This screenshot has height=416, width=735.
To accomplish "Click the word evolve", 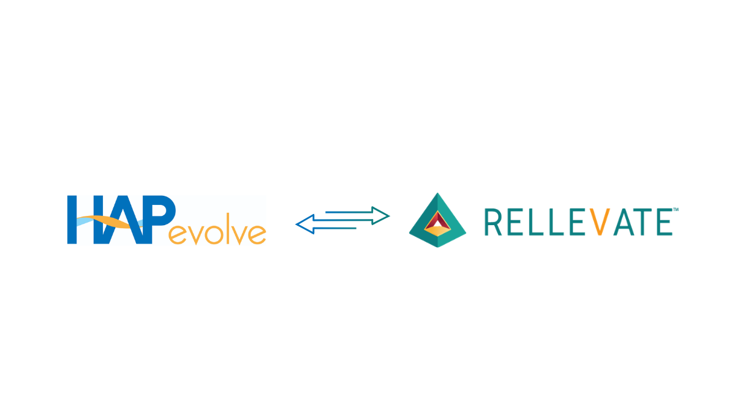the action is tap(217, 229).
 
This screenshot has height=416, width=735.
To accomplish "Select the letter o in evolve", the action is tap(214, 234).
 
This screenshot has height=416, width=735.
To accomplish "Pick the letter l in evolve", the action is tap(228, 228).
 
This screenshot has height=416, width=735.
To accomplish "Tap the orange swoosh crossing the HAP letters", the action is tap(108, 222).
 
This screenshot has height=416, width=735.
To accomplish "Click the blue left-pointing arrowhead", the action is tap(305, 225).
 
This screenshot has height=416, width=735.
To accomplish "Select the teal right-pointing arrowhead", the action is tap(380, 216).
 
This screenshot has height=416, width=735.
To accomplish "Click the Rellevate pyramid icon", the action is tap(437, 220).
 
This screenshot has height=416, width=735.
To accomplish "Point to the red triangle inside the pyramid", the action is tap(438, 220).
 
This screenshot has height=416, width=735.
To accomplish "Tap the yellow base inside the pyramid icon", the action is tap(437, 231).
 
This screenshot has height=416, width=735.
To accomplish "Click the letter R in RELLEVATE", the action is tap(493, 222).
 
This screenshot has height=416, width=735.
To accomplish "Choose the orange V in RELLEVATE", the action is tap(600, 222).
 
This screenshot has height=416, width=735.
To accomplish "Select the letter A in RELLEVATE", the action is tap(624, 222).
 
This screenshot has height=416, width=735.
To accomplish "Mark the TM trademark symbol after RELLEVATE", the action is tap(676, 209).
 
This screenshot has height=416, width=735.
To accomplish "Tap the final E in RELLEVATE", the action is tap(665, 222).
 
